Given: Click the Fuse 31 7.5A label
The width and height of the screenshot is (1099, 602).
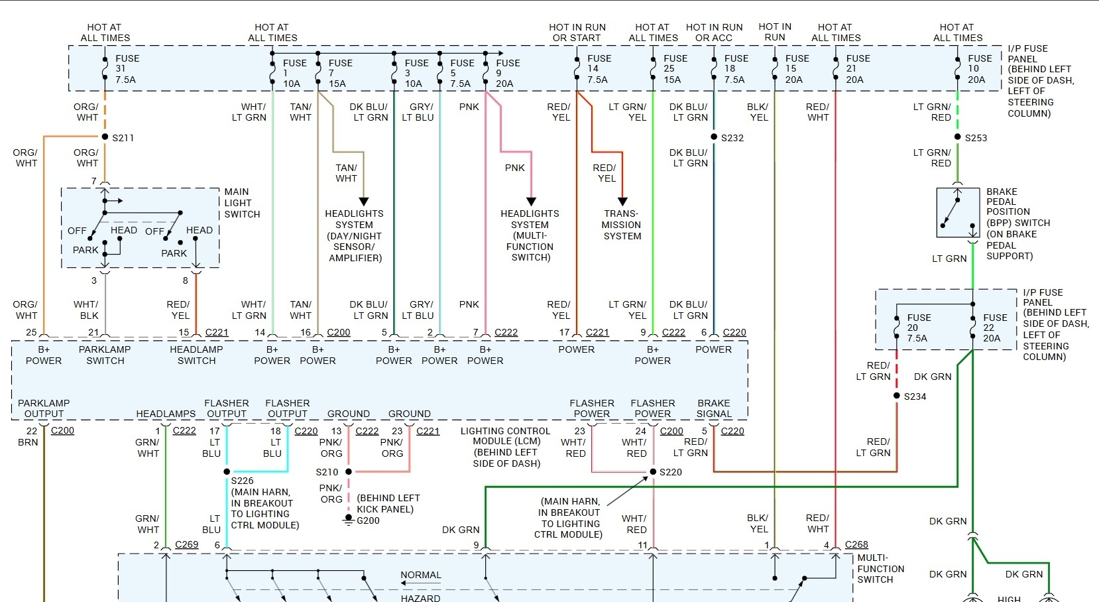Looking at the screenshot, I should (x=127, y=69).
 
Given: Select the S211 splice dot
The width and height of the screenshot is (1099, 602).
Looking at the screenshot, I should (x=105, y=137).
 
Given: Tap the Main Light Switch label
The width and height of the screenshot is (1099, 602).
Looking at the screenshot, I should (x=241, y=203).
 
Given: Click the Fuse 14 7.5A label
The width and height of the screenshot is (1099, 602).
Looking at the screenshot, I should (x=599, y=69).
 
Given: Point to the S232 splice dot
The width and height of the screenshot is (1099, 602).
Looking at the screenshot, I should (x=714, y=137).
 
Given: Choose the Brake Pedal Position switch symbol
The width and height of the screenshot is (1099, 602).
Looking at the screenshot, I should (x=958, y=213).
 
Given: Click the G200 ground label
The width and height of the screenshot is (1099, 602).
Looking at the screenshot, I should (x=368, y=520).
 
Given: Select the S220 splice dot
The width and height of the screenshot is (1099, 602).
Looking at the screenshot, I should (x=653, y=472).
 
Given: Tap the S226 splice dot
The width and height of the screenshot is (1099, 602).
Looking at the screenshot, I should (x=227, y=472).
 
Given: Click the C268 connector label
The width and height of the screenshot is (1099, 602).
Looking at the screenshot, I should (x=856, y=545).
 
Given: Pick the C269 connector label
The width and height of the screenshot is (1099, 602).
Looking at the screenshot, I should (x=186, y=545).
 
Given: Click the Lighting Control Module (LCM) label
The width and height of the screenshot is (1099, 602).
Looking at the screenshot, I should (x=505, y=447).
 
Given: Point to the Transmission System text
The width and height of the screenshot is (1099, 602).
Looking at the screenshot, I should (x=622, y=225).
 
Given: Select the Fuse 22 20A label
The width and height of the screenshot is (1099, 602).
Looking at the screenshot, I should (x=994, y=328).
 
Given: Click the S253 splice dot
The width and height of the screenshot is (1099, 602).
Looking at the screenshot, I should (x=958, y=137).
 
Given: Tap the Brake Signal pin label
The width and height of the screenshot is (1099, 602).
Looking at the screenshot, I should (x=713, y=408).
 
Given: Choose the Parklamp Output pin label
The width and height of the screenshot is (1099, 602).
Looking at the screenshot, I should (x=44, y=408).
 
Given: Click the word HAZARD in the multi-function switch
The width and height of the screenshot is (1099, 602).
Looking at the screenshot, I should (x=420, y=597).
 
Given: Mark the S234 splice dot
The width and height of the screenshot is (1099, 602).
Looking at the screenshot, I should (x=897, y=396).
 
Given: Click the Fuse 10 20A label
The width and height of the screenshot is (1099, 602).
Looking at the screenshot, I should (x=979, y=69).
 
